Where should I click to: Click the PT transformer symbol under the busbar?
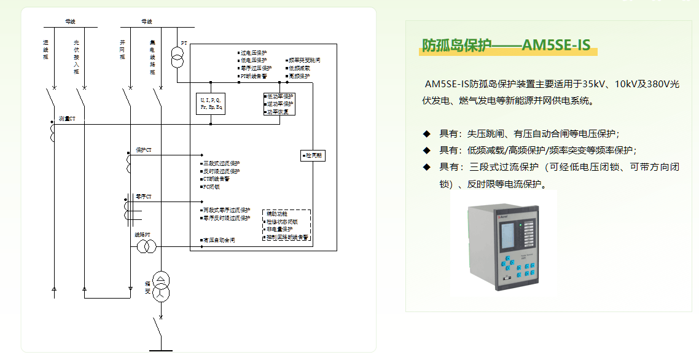pyautogui.click(x=177, y=60)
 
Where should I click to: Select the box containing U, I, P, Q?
pyautogui.click(x=210, y=103)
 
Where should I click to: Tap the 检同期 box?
pyautogui.click(x=313, y=156)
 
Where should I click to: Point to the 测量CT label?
pyautogui.click(x=67, y=118)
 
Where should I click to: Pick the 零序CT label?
pyautogui.click(x=143, y=197)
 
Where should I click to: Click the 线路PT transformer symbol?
pyautogui.click(x=146, y=246)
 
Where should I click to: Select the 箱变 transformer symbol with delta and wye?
pyautogui.click(x=160, y=286)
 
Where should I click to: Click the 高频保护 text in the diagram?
pyautogui.click(x=299, y=76)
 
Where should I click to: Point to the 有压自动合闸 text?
pyautogui.click(x=219, y=240)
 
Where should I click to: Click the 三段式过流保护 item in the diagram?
pyautogui.click(x=221, y=163)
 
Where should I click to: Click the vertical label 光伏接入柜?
pyautogui.click(x=76, y=57)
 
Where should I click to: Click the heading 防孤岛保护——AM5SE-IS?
pyautogui.click(x=506, y=45)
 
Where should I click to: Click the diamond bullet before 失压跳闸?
pyautogui.click(x=426, y=133)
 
